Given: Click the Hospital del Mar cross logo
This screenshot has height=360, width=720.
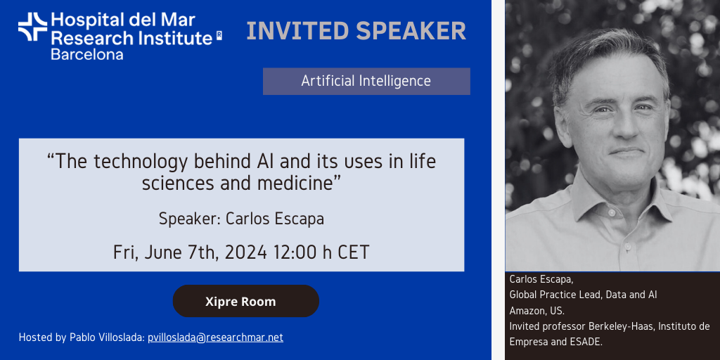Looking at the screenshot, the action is click(x=32, y=27).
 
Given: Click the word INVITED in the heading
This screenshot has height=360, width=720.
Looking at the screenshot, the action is click(x=297, y=31).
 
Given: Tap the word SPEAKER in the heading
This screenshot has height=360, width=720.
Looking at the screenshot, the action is click(x=411, y=31).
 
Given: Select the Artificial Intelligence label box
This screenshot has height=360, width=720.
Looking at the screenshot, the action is click(x=366, y=82).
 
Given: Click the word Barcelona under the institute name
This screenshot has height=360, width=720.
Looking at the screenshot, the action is click(x=86, y=55).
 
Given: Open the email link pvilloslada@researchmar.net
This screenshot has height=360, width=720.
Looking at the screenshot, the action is click(x=215, y=337).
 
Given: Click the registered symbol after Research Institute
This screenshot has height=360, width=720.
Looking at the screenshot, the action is click(x=219, y=36).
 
